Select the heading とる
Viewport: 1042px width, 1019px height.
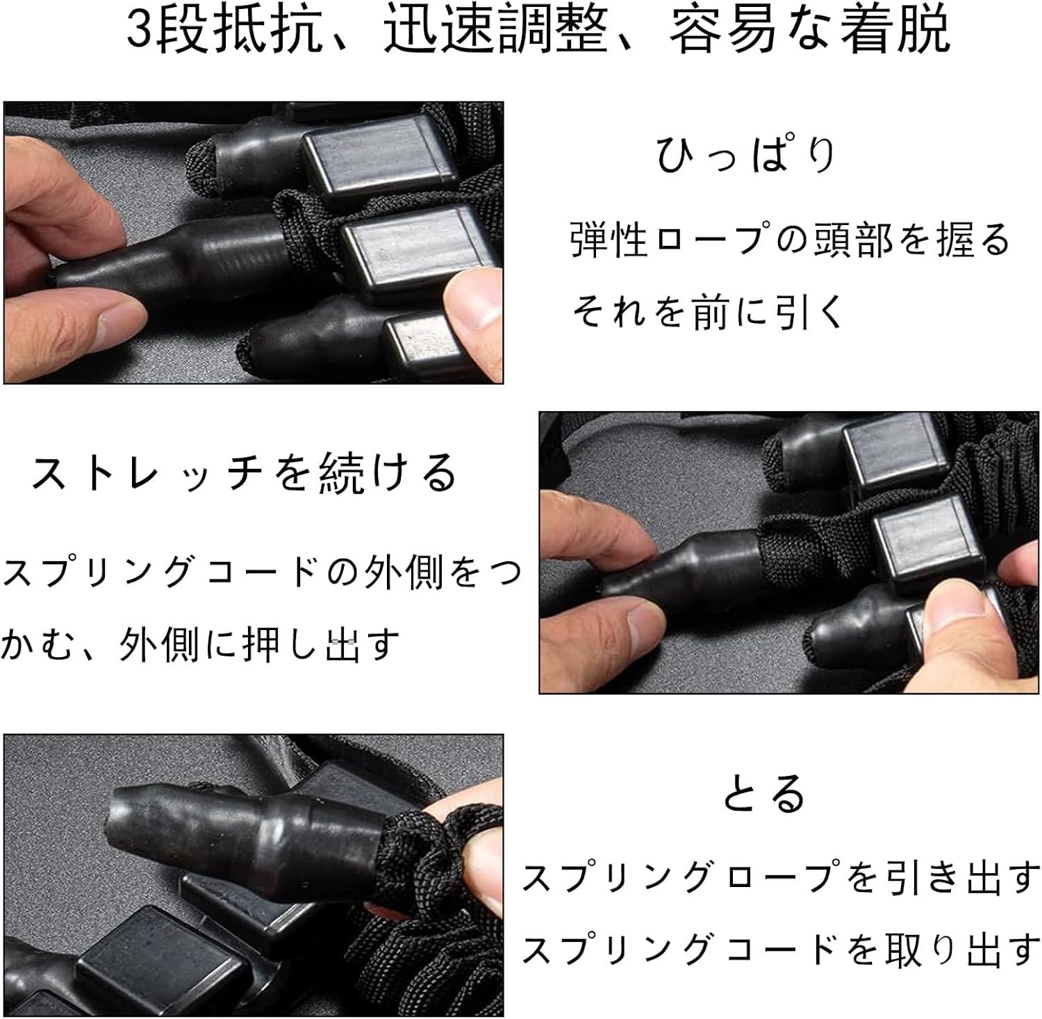[x=764, y=794]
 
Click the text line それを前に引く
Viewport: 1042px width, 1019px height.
[x=707, y=311]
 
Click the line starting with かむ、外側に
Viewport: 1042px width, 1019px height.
[x=201, y=644]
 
